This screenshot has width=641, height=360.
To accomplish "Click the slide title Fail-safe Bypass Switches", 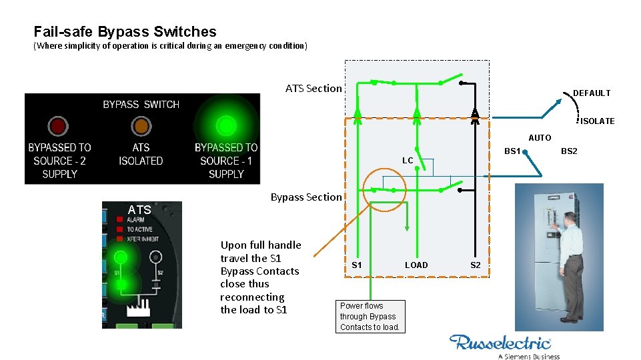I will (x=125, y=32).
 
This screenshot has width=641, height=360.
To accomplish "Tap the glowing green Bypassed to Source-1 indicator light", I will (x=226, y=125).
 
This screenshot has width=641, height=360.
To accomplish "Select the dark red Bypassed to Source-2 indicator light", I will (x=58, y=126).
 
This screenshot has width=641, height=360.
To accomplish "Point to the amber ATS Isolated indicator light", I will (x=141, y=126).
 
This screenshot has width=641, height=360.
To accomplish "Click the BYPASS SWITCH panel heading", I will (x=141, y=105).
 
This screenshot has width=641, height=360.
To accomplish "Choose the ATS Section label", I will (x=313, y=89).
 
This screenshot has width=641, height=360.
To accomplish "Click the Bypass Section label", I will (x=305, y=197).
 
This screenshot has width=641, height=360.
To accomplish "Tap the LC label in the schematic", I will (x=408, y=161).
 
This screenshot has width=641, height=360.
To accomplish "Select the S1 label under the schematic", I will (x=357, y=265).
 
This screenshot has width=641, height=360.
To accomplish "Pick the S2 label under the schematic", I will (x=475, y=265).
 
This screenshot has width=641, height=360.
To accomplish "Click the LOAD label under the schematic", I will (x=416, y=265).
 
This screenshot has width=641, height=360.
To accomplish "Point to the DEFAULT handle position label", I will (x=591, y=93).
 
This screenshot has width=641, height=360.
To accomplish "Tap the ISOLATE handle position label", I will (x=597, y=121).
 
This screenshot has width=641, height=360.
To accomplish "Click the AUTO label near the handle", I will (x=540, y=138).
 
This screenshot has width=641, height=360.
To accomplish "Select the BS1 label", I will (x=512, y=151).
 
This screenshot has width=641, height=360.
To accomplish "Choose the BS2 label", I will (x=569, y=151).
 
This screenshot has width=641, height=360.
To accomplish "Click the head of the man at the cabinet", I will (x=569, y=219).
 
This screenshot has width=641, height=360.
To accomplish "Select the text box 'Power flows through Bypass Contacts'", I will (x=370, y=317).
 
